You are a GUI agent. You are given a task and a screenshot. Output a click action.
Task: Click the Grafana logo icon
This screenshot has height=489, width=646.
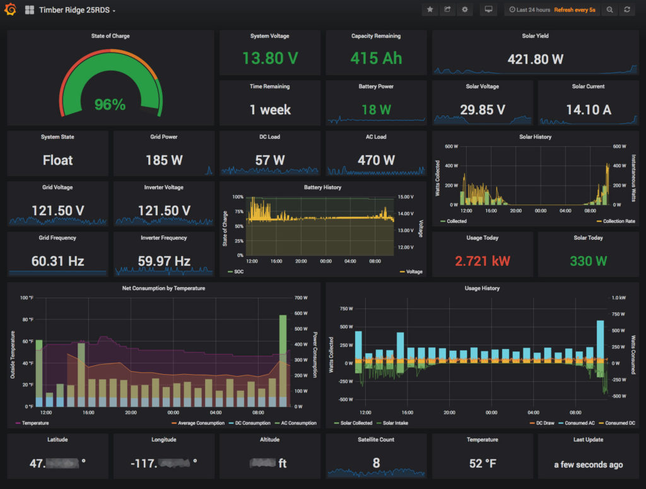(10, 10)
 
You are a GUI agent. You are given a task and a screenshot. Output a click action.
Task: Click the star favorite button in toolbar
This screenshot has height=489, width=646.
(430, 10)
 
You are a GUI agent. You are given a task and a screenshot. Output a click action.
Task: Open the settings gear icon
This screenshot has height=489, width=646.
(465, 10)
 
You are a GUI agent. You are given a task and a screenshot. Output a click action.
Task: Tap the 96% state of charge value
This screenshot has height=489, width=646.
(110, 104)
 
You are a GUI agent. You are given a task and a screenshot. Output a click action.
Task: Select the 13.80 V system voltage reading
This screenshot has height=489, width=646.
(270, 59)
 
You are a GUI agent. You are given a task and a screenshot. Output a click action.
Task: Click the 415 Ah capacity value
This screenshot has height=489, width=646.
(376, 59)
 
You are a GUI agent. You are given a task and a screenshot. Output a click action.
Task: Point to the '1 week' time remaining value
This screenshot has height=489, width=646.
(270, 110)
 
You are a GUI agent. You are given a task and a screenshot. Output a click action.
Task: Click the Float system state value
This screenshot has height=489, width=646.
(57, 160)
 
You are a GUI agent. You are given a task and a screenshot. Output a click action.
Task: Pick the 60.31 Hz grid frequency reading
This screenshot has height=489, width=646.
(57, 261)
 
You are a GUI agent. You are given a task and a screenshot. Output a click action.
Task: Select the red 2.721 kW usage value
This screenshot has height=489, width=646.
(483, 261)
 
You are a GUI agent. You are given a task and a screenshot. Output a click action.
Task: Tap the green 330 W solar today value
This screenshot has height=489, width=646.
(588, 261)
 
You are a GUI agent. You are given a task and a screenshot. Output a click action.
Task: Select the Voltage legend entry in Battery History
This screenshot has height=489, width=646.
(414, 271)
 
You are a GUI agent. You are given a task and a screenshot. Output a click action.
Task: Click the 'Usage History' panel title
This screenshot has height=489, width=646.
(483, 288)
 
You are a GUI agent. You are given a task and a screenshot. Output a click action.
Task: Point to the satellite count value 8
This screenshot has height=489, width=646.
(376, 463)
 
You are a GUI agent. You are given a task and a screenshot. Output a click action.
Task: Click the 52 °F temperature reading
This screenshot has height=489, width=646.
(483, 464)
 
